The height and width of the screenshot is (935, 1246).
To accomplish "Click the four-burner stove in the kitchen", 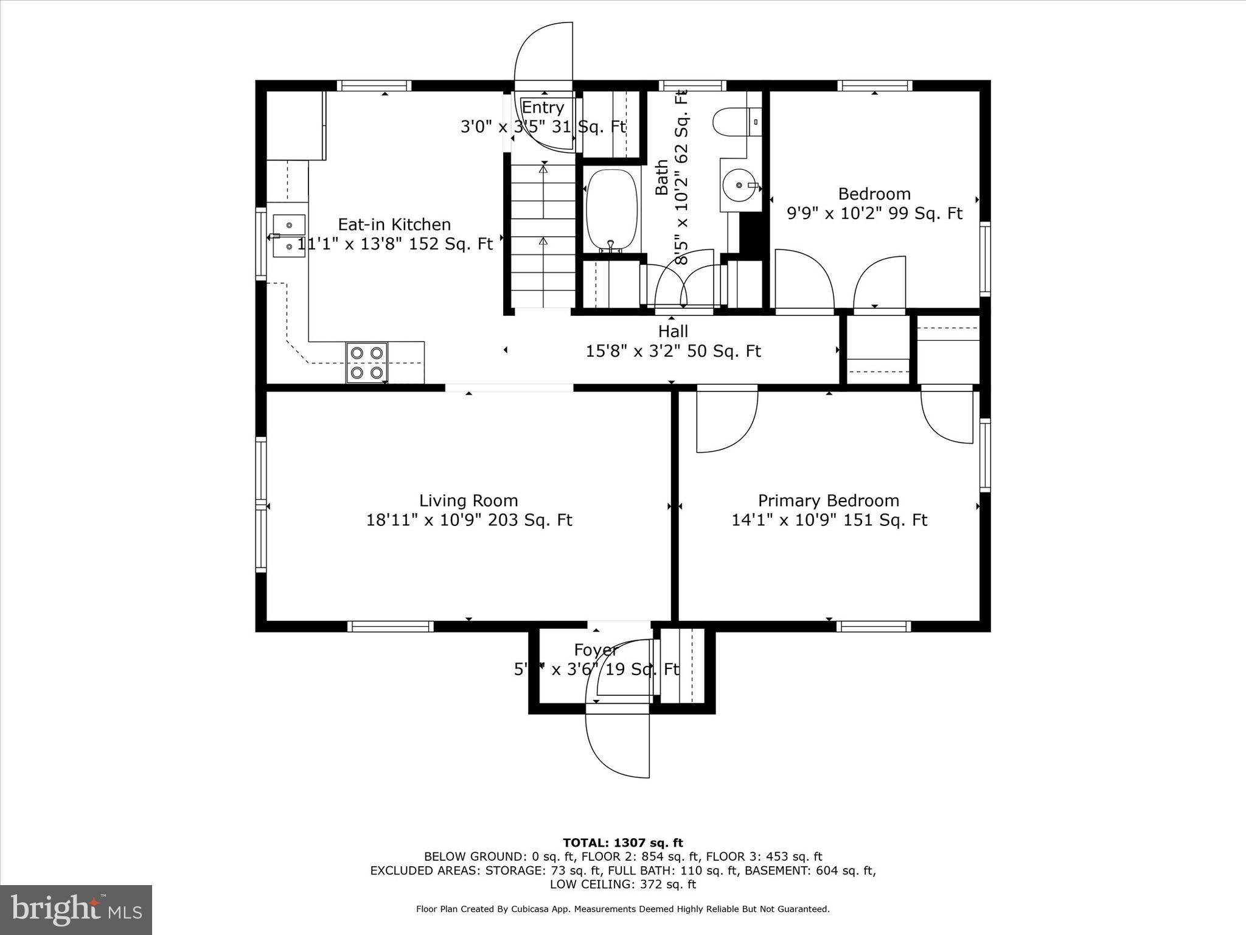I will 367,362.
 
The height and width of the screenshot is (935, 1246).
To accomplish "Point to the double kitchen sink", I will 288,235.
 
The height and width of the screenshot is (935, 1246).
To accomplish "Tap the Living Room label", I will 468,500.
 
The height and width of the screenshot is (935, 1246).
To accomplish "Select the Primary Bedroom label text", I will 828,500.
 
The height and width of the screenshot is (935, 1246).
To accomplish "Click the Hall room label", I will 673,331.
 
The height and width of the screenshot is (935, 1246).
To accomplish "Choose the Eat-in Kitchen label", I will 394,224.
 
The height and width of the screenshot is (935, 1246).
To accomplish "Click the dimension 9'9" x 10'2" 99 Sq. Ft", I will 874,214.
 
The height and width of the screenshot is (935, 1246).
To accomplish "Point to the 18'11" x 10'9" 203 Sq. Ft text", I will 468,520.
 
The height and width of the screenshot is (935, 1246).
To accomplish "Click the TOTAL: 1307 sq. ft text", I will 622,842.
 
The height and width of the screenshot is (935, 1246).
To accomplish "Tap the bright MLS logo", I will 76,909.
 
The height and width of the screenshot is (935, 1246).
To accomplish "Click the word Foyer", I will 596,650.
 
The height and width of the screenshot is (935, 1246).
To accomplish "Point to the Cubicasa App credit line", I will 622,909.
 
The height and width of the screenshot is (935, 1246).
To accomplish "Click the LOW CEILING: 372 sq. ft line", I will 622,884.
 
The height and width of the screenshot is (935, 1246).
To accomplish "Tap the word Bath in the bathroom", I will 662,177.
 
